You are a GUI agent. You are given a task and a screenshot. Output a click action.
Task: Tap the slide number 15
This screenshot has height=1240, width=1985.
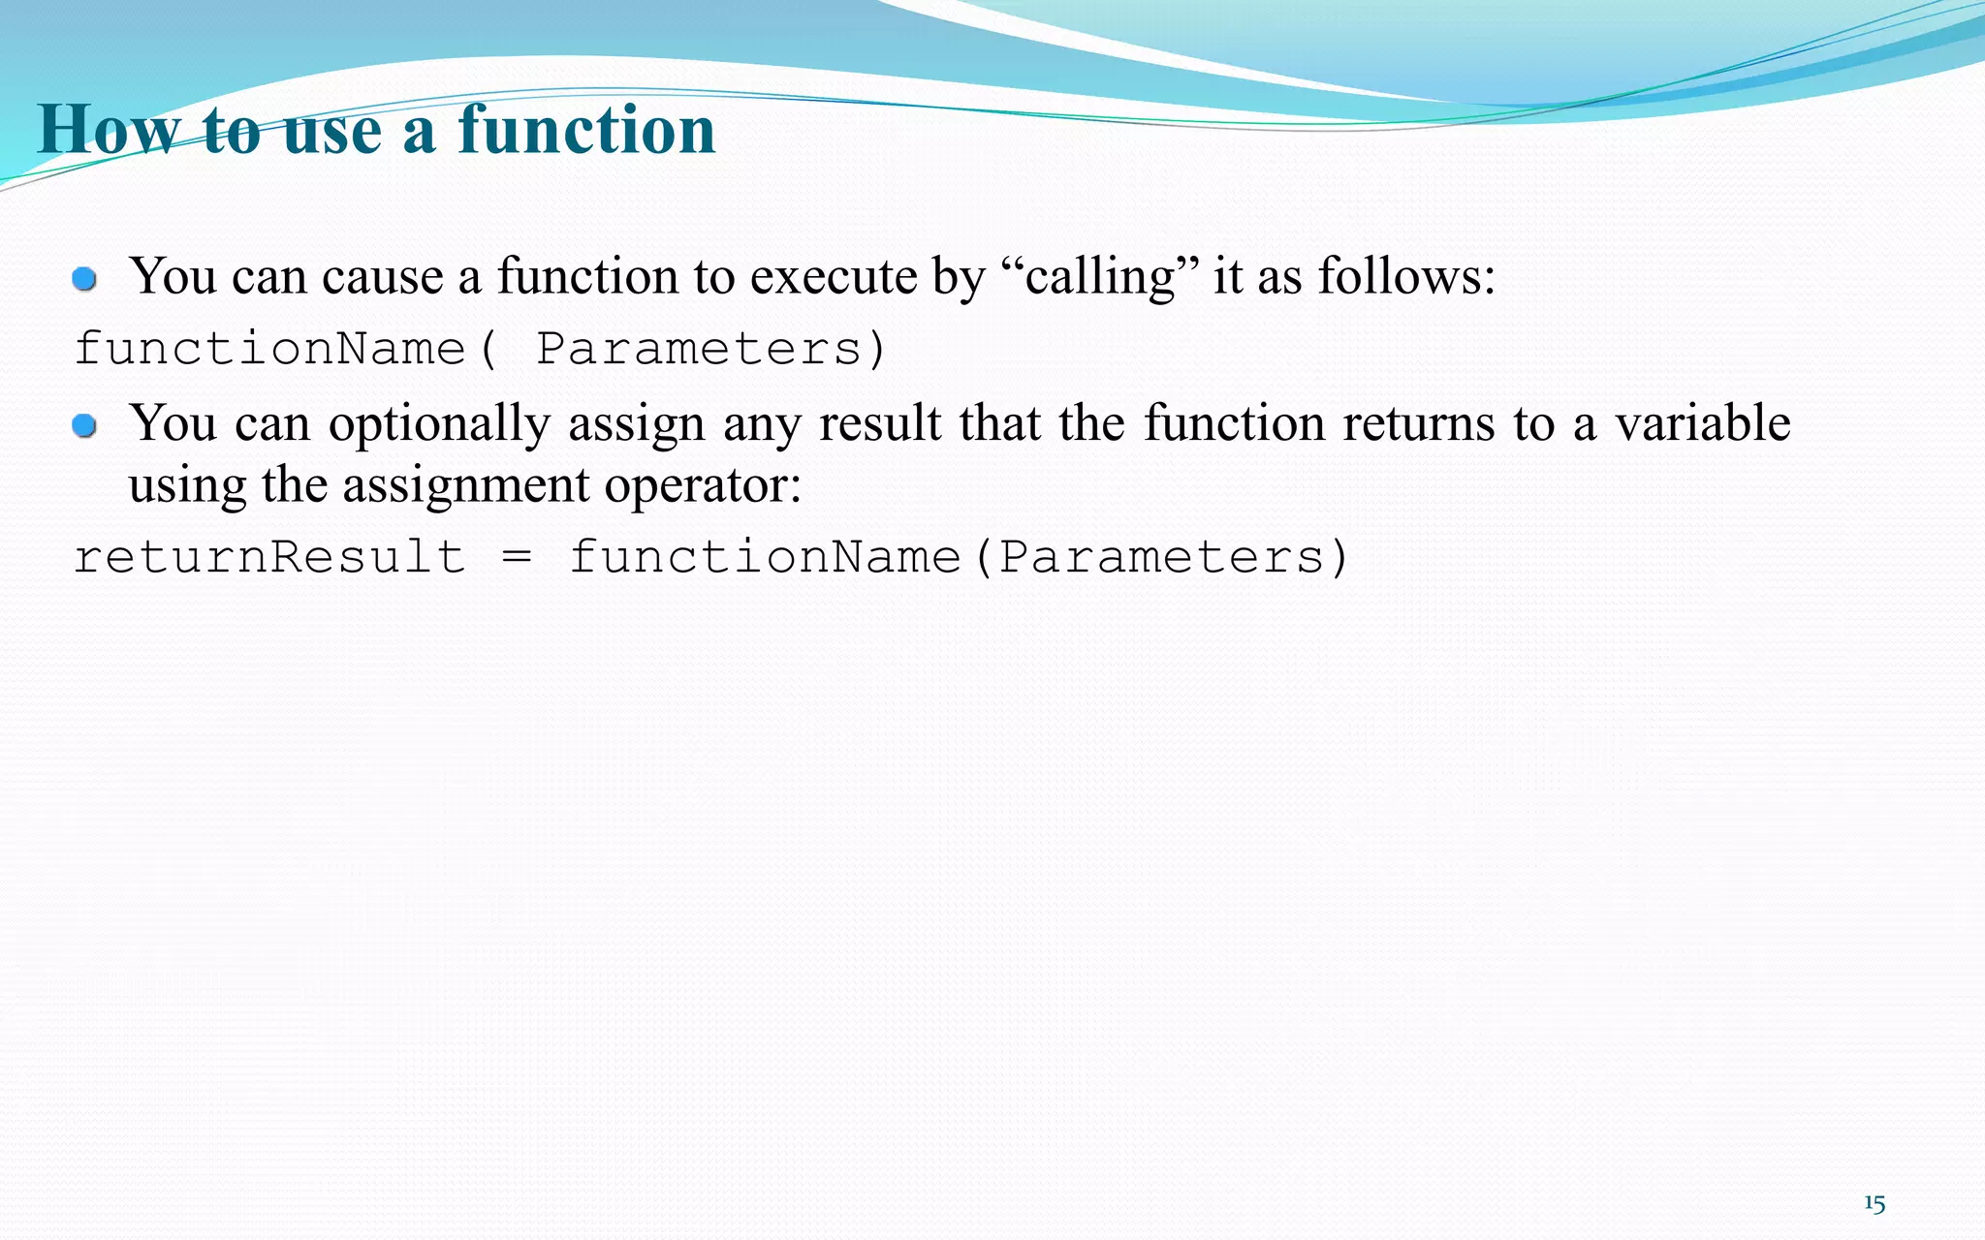click(1874, 1203)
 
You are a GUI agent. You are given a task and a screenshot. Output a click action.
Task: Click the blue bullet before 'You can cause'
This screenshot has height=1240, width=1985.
click(85, 280)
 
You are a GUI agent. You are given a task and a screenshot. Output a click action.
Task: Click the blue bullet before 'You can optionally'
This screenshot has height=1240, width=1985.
click(85, 426)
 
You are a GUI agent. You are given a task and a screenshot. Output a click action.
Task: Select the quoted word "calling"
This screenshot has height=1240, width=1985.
click(1099, 277)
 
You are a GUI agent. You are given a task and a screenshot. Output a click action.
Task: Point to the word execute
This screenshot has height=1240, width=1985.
click(833, 277)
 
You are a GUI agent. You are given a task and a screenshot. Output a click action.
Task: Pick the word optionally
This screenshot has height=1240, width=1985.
click(439, 424)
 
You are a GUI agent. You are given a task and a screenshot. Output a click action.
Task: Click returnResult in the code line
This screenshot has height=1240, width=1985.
click(269, 558)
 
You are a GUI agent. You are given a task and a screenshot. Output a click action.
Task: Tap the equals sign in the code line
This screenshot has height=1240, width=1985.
click(517, 558)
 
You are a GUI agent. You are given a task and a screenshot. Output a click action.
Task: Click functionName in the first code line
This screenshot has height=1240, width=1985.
click(269, 349)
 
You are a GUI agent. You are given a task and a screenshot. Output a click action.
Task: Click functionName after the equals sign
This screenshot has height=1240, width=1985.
click(764, 558)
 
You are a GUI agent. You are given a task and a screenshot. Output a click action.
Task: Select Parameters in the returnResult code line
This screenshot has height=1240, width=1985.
click(1161, 558)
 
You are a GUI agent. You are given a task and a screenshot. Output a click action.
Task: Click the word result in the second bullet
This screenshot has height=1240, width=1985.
click(879, 424)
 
